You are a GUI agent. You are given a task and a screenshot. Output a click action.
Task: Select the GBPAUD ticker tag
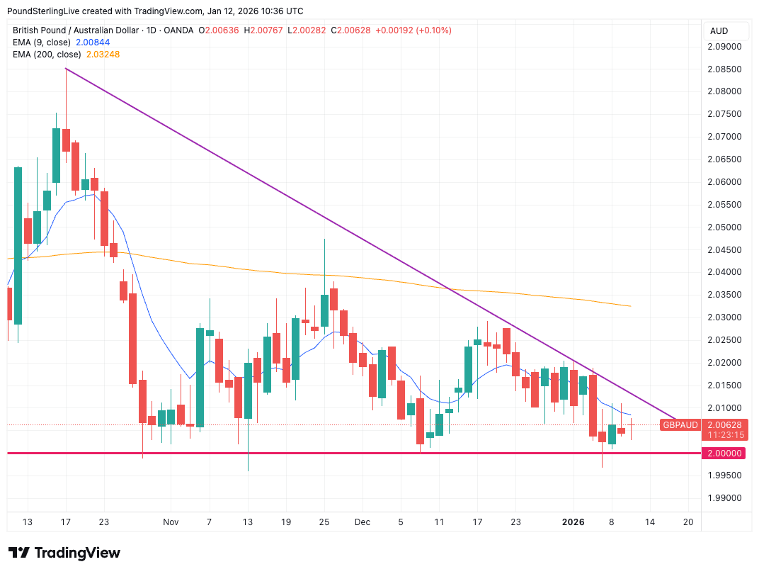tap(680, 425)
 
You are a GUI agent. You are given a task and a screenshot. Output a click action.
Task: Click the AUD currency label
tap(719, 31)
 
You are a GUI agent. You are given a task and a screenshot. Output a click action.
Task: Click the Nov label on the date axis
tap(171, 522)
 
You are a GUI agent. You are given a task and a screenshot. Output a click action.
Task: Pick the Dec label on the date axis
tap(363, 522)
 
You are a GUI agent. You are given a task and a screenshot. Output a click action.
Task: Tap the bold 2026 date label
tap(573, 522)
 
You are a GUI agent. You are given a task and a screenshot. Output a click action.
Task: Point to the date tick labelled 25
tap(324, 522)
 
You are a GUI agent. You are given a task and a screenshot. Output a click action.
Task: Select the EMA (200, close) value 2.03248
tap(103, 55)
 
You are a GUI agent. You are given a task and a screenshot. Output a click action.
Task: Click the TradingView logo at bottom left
tap(64, 553)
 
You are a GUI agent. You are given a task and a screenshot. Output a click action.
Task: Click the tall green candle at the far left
tap(18, 245)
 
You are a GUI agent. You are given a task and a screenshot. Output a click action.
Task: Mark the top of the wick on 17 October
tap(66, 69)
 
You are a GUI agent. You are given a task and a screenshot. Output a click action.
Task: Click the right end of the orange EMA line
tap(630, 306)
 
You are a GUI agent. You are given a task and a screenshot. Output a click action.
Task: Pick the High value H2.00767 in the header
tap(268, 30)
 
